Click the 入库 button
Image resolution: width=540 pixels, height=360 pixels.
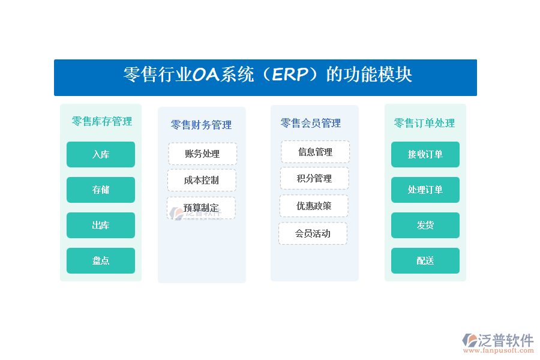click(x=101, y=154)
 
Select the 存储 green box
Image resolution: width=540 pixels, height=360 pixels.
click(x=101, y=190)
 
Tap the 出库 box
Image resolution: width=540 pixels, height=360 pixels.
click(x=101, y=226)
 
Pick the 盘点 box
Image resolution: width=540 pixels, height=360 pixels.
click(x=101, y=261)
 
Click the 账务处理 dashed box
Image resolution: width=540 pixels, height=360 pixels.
click(x=203, y=154)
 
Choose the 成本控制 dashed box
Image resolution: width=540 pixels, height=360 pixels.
click(x=202, y=180)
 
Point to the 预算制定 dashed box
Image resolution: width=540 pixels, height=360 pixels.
click(x=201, y=208)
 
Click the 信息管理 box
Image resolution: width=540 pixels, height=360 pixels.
click(x=315, y=152)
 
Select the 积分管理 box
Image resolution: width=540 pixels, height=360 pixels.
click(x=314, y=178)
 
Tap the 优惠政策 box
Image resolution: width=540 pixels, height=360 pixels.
click(x=314, y=206)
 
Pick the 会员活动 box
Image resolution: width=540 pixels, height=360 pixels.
click(x=313, y=233)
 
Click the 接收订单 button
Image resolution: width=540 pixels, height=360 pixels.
click(x=425, y=154)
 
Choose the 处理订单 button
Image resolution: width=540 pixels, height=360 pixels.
click(x=425, y=190)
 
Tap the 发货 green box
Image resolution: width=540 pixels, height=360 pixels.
click(x=425, y=226)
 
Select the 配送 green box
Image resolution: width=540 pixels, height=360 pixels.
click(x=425, y=261)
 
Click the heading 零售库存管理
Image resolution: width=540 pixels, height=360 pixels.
click(x=102, y=121)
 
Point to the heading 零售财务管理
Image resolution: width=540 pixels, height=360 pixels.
click(x=201, y=125)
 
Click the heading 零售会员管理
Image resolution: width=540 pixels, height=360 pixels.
click(x=311, y=123)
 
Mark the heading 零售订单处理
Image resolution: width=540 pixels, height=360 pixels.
click(x=424, y=123)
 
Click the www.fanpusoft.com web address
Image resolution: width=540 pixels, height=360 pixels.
click(x=498, y=350)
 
